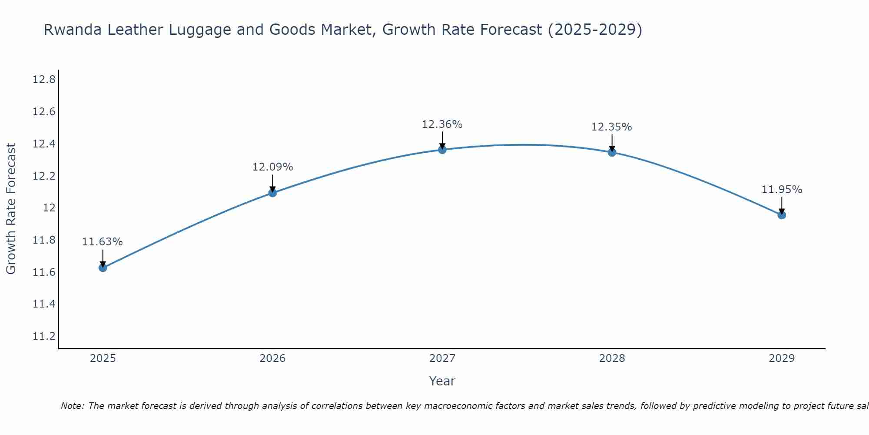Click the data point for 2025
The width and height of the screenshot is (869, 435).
[103, 268]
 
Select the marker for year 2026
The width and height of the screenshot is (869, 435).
[272, 193]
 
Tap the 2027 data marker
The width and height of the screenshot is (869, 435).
[442, 150]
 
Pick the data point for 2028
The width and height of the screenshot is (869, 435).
[612, 152]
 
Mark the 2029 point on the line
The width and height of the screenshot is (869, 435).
[782, 215]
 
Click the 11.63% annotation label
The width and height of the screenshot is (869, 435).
[103, 242]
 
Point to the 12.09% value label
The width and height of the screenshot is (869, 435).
[272, 167]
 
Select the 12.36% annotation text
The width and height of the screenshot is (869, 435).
[442, 124]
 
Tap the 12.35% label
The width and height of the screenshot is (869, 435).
[612, 127]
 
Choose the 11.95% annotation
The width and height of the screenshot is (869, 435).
[782, 190]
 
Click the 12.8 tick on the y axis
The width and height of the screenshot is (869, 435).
[44, 80]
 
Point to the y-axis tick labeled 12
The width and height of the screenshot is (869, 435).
[50, 208]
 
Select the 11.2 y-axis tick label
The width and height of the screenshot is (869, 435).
[44, 336]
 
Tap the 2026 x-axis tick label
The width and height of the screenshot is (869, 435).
[272, 358]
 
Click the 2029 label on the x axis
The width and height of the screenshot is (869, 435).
[782, 358]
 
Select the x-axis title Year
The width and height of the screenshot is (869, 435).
[442, 381]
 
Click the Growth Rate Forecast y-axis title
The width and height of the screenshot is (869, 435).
[11, 208]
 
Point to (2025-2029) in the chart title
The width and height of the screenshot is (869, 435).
[594, 30]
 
